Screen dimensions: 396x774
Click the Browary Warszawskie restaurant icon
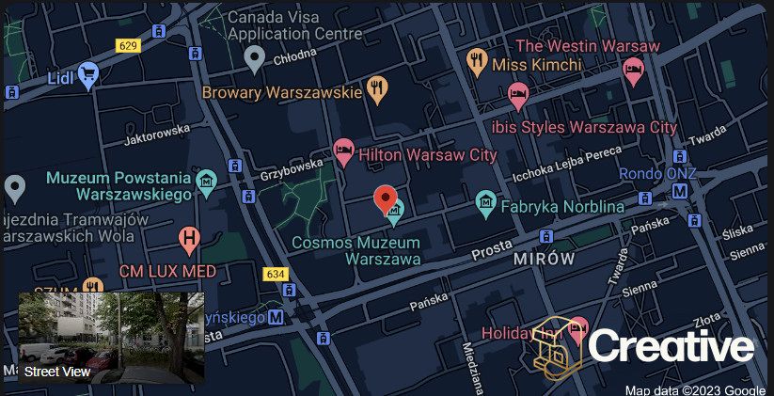click(378, 89)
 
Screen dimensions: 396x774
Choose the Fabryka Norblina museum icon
click(485, 201)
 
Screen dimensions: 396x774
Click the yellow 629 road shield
click(129, 45)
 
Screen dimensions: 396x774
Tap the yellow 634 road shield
click(276, 274)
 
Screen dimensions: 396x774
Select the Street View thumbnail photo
click(111, 337)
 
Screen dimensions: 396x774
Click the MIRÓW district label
click(544, 259)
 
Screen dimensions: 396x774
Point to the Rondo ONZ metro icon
click(678, 191)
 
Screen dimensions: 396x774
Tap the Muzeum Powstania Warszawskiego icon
click(207, 180)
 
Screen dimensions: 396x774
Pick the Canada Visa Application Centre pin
click(253, 58)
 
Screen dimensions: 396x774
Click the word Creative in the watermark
click(671, 347)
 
